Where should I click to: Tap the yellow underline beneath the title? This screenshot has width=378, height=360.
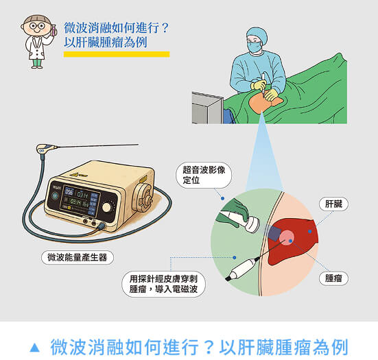(x=116, y=53)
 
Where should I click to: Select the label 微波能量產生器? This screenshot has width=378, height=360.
(x=78, y=257)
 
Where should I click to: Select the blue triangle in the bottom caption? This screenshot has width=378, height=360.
(x=35, y=344)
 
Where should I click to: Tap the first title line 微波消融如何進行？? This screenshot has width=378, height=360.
(x=116, y=28)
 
